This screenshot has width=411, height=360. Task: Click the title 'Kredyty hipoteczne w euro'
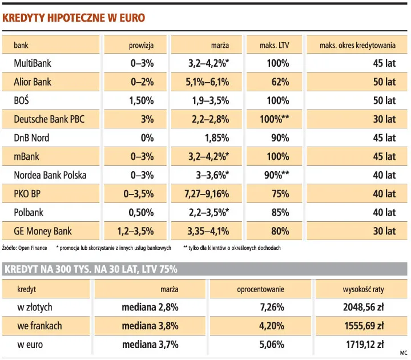point(74,18)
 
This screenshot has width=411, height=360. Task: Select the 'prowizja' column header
point(140,45)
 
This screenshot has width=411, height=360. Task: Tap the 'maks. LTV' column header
point(276,45)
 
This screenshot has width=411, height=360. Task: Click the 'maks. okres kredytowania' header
point(357,45)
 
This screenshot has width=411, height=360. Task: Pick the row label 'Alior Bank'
point(33,82)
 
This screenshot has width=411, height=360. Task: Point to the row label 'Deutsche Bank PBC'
point(49,119)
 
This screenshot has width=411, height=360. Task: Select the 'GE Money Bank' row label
point(43,231)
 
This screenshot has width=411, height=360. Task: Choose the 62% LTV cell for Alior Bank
point(280,82)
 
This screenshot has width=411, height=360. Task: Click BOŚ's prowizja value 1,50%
point(141,101)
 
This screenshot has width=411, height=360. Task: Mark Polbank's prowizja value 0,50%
point(141,213)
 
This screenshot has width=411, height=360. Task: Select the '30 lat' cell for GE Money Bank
point(384,231)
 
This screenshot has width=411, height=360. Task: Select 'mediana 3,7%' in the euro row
point(150,345)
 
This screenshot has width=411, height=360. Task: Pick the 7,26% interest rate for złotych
point(272,308)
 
